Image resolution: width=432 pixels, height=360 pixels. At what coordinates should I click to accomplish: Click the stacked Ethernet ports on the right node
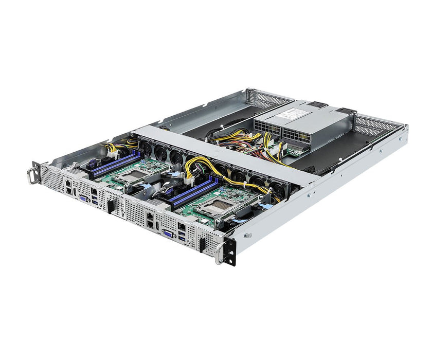[x=149, y=221]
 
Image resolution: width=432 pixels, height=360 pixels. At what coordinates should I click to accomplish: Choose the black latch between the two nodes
[x=110, y=206]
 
